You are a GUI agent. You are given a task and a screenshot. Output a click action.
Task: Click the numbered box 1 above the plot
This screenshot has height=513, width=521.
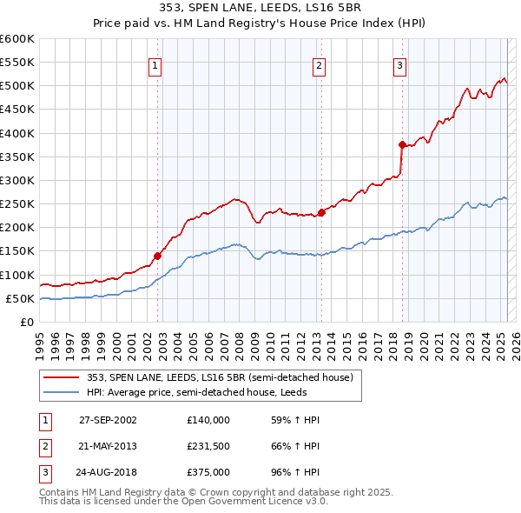[154, 66]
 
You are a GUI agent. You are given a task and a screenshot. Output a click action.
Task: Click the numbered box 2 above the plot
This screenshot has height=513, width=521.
[319, 66]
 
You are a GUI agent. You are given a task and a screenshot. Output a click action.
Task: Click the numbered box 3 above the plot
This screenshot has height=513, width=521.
[399, 66]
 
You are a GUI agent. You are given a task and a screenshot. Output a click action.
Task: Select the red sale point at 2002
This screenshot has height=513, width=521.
[158, 256]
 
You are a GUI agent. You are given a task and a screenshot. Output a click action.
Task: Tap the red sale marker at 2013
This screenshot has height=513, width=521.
[321, 211]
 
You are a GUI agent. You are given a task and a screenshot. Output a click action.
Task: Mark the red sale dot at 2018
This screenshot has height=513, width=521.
[402, 144]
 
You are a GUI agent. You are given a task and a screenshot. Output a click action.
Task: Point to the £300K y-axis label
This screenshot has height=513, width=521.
[16, 180]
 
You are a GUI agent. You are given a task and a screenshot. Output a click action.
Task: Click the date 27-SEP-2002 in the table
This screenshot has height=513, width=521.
[108, 420]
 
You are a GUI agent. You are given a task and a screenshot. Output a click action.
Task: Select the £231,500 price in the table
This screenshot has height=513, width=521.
[208, 448]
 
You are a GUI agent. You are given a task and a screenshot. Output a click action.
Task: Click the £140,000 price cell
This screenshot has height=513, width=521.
[208, 420]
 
